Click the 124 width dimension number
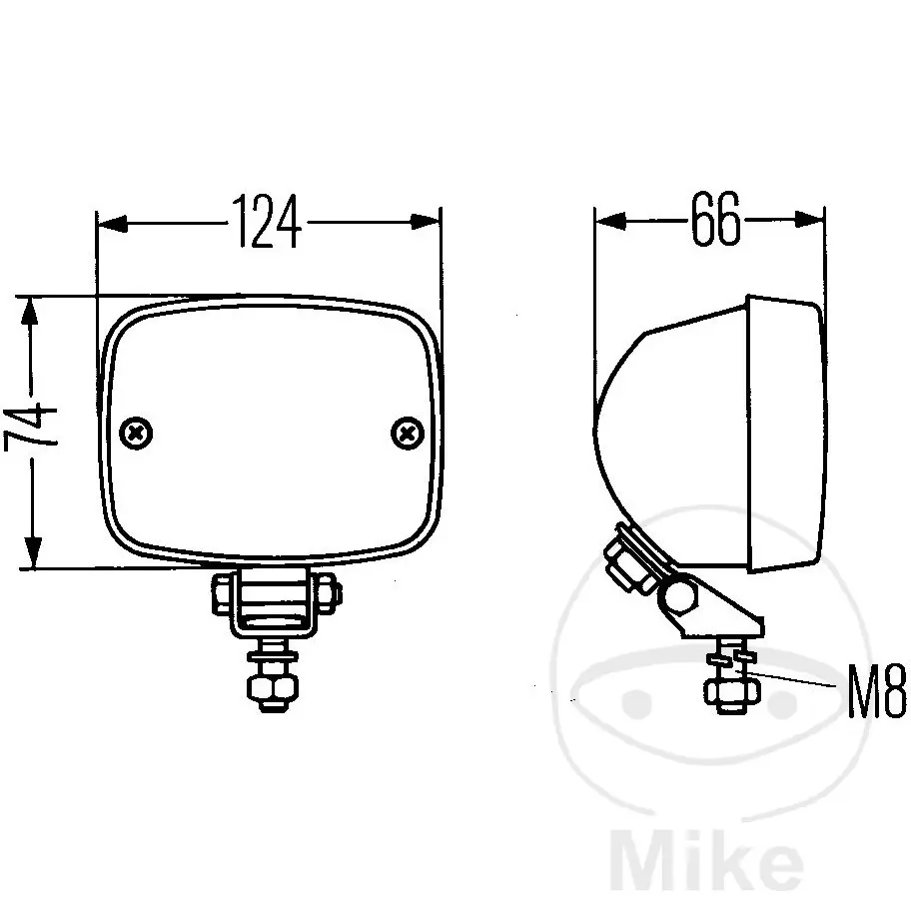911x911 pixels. [267, 222]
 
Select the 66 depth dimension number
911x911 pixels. [716, 219]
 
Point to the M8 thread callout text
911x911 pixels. [876, 691]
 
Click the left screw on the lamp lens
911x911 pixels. [137, 433]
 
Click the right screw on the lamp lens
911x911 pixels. [408, 433]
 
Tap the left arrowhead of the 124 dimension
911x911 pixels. [112, 223]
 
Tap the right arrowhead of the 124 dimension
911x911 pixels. [426, 222]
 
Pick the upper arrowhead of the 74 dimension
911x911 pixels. [30, 312]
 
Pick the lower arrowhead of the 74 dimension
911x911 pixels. [33, 552]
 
